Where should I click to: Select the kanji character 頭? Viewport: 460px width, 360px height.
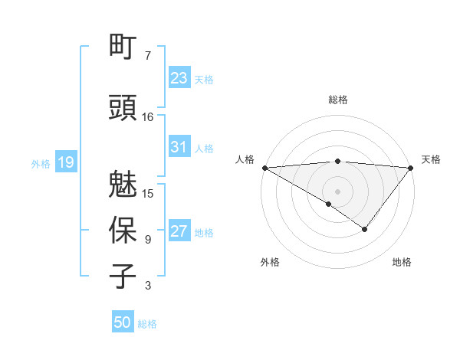(x=123, y=108)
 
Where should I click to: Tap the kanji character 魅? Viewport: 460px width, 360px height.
(x=123, y=185)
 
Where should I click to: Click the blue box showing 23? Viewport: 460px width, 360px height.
(x=179, y=78)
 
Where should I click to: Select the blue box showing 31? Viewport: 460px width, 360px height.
(x=179, y=147)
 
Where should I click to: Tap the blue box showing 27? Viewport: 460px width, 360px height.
(x=179, y=231)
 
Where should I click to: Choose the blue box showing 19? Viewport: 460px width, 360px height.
(x=65, y=162)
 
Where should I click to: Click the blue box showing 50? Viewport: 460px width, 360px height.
(x=123, y=322)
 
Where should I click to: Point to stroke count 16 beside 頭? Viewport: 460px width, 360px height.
(x=148, y=116)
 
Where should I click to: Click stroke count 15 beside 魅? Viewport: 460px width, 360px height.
(x=148, y=193)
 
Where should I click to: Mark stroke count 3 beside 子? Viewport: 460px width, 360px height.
(x=148, y=286)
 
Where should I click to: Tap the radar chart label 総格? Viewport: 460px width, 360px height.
(x=337, y=100)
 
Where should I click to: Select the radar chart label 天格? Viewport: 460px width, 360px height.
(x=432, y=159)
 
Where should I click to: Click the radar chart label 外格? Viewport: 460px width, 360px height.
(x=270, y=262)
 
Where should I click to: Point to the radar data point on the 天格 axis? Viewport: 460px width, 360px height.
(x=411, y=167)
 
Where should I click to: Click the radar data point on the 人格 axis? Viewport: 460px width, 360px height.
(x=264, y=167)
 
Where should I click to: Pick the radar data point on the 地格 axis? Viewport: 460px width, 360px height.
(x=365, y=228)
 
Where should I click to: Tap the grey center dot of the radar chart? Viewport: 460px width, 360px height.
(x=337, y=191)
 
